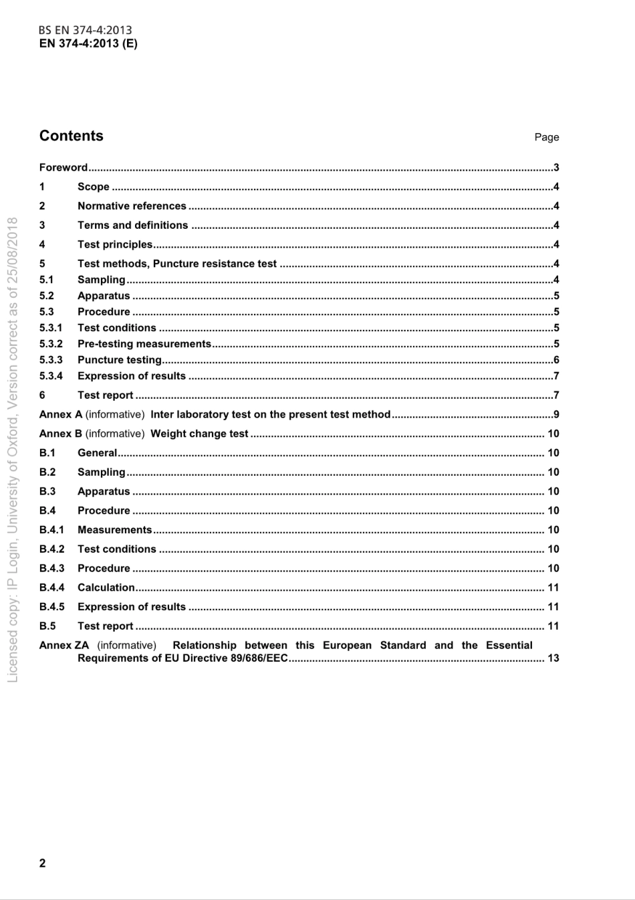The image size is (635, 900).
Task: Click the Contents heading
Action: (72, 136)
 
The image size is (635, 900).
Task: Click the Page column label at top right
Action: (546, 137)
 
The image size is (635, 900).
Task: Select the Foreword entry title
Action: (63, 167)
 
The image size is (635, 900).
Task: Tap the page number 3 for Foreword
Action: (556, 167)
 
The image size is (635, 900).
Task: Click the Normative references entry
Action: (132, 206)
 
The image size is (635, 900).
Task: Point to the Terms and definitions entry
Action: (132, 226)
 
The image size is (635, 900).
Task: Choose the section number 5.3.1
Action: (51, 328)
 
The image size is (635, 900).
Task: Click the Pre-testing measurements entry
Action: (144, 344)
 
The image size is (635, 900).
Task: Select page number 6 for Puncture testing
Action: (556, 360)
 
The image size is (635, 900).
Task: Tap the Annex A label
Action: (61, 414)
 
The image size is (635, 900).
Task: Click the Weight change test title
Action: (199, 434)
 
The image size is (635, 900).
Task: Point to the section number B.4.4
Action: (52, 588)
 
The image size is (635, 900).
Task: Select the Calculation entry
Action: (106, 588)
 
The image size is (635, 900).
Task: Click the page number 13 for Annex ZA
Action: (553, 658)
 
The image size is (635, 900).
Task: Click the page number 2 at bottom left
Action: (43, 863)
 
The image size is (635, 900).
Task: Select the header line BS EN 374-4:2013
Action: (85, 30)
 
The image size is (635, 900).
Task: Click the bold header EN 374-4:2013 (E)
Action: (88, 43)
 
